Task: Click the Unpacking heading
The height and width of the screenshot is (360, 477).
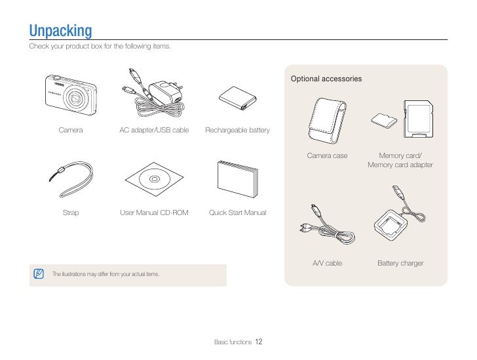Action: tap(60, 31)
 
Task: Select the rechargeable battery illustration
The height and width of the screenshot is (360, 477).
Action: tap(237, 97)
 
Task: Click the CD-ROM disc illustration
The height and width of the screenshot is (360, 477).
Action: tap(154, 179)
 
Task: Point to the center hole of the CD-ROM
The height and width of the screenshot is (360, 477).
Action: tap(154, 179)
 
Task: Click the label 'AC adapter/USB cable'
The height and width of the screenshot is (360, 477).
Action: tap(154, 130)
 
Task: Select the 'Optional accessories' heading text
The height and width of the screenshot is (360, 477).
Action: tap(326, 79)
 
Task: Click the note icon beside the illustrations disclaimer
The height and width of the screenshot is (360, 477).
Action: tap(39, 273)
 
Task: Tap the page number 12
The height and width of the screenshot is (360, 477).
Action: tap(259, 342)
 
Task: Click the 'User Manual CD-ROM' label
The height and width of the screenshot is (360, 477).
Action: tap(154, 213)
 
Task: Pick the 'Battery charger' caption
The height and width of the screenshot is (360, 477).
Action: tap(400, 264)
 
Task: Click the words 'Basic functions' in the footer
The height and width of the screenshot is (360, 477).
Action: tap(233, 342)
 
